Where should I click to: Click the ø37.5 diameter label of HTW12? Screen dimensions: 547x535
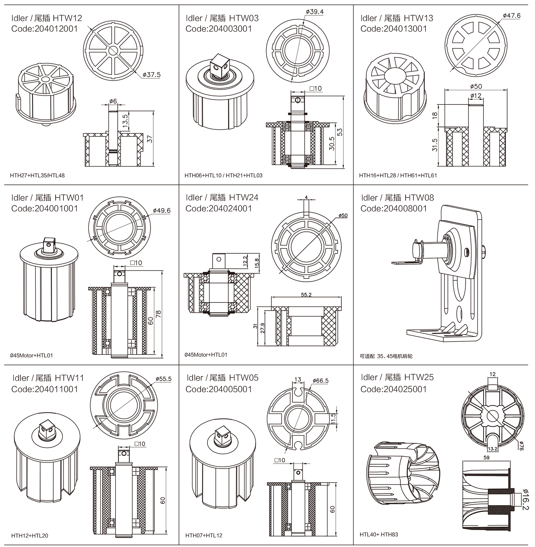[x=152, y=75]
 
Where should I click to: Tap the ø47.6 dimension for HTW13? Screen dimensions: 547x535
[x=511, y=16]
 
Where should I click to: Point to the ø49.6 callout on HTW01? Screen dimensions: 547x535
[x=162, y=211]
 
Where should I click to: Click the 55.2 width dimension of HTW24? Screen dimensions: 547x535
[x=306, y=295]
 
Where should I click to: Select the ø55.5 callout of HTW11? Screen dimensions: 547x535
[x=163, y=379]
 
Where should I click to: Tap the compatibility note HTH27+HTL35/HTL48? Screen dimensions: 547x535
[x=37, y=175]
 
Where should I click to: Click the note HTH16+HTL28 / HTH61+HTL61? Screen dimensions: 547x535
[x=398, y=175]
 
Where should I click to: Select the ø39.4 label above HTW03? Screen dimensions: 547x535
[x=315, y=12]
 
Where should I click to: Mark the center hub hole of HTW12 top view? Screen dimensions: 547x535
[x=113, y=50]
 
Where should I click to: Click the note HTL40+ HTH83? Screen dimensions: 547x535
[x=379, y=534]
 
